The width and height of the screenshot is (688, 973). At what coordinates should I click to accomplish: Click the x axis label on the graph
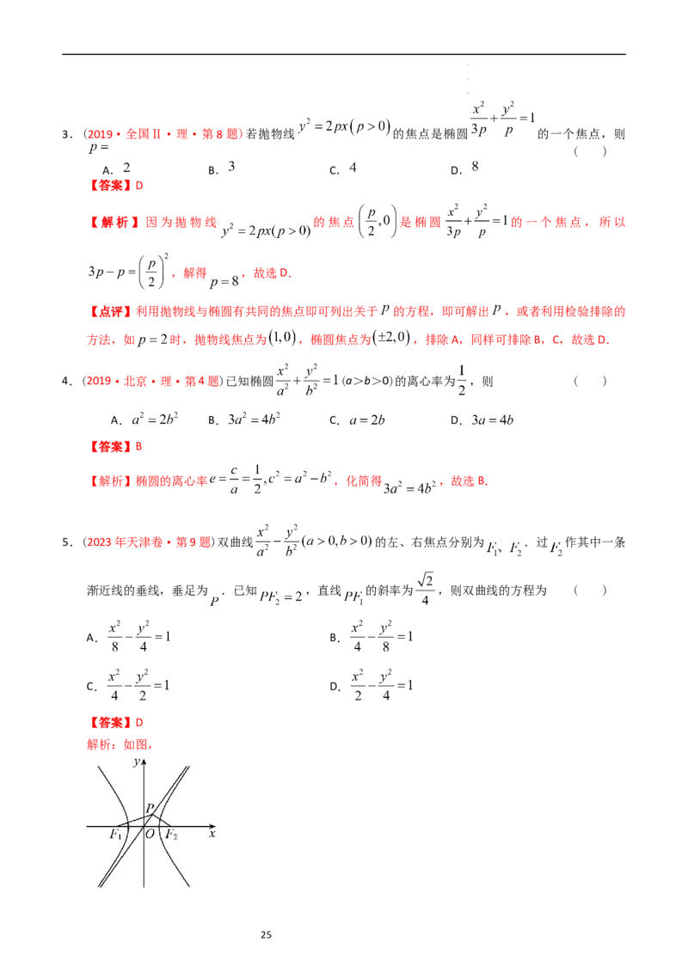(212, 835)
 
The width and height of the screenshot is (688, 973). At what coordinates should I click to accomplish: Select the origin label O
(150, 835)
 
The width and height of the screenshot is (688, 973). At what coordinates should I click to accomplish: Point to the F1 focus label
(115, 835)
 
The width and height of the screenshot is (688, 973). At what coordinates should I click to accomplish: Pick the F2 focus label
(171, 835)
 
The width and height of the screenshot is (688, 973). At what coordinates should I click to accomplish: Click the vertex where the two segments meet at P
(152, 814)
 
